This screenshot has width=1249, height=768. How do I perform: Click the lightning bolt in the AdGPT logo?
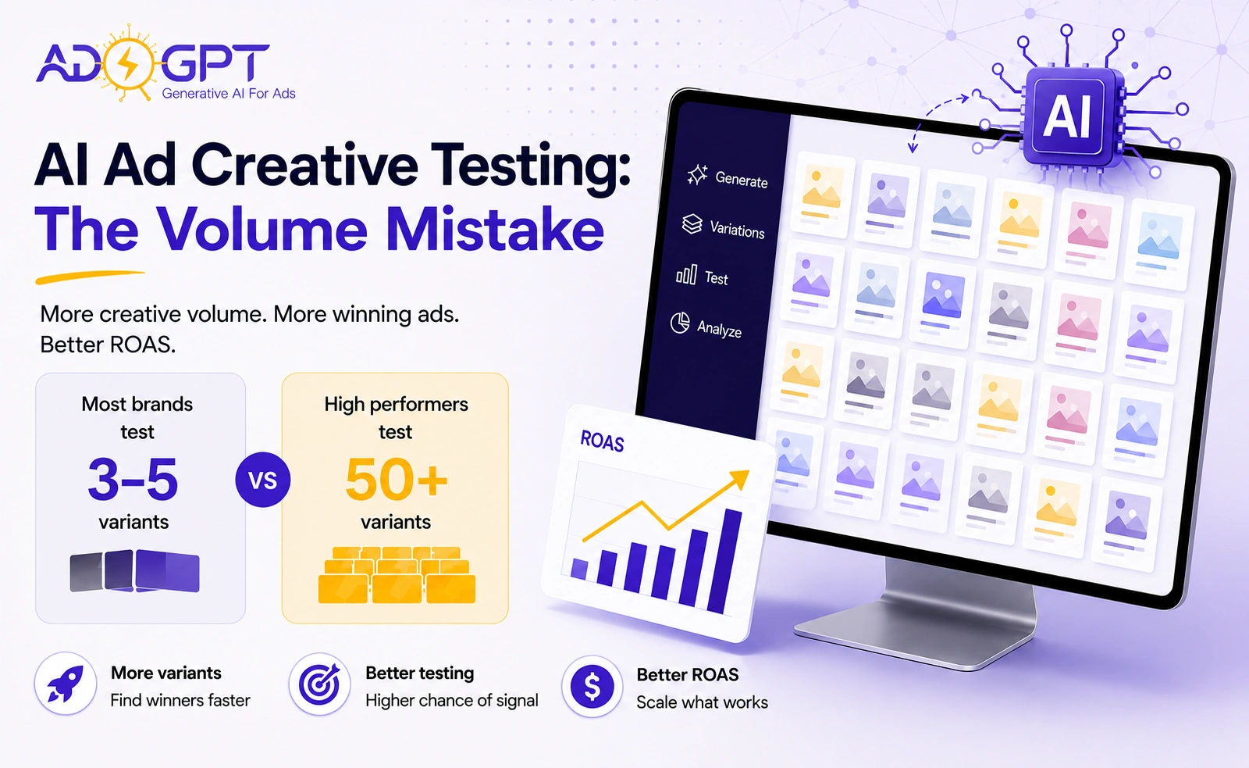tap(129, 62)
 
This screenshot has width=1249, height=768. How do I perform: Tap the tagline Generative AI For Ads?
tap(229, 94)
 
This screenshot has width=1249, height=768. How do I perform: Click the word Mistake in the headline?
tap(495, 230)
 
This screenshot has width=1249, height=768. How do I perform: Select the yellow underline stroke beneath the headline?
tap(90, 277)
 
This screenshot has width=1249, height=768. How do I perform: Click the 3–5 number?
tap(133, 480)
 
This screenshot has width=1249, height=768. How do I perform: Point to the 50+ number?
tap(396, 480)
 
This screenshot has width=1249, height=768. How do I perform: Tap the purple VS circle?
tap(262, 480)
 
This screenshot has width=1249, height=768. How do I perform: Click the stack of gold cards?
tap(397, 575)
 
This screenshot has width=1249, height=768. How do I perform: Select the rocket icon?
tap(66, 683)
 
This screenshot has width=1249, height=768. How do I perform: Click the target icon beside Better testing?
tap(319, 684)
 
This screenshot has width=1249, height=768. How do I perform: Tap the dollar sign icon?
tap(592, 686)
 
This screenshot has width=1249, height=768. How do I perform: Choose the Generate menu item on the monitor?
tap(728, 177)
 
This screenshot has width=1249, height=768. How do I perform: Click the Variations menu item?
tap(723, 226)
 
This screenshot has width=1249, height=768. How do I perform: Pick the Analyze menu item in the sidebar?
tap(706, 325)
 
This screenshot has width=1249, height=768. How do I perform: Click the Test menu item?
tap(702, 275)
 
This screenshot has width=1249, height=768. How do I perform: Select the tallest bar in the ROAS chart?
tap(725, 562)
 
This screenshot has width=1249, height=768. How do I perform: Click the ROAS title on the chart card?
tap(602, 441)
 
